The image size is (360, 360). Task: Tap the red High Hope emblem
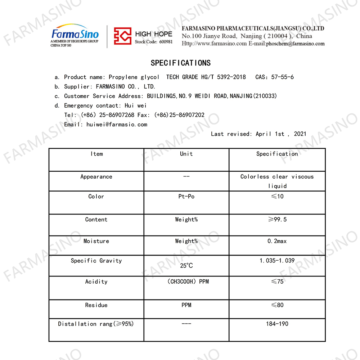click(x=122, y=36)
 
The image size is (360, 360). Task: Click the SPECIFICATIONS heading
click(x=180, y=63)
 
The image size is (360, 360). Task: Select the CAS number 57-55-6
click(x=282, y=77)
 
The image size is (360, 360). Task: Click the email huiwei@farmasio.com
click(x=117, y=125)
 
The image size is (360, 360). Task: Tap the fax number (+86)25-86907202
click(x=179, y=115)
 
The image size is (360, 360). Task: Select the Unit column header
click(x=186, y=154)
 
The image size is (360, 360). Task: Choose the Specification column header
click(x=277, y=154)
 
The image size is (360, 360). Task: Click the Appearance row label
click(x=96, y=177)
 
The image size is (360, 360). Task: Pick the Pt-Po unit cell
click(x=186, y=197)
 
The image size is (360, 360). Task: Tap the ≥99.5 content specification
click(x=277, y=220)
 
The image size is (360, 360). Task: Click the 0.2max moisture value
click(x=277, y=241)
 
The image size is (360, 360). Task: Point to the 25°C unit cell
click(x=186, y=266)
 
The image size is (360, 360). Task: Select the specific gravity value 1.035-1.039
click(x=277, y=261)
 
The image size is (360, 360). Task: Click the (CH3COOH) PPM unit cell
click(x=188, y=282)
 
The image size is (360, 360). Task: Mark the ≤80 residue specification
click(x=277, y=305)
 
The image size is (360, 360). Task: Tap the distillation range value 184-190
click(x=277, y=324)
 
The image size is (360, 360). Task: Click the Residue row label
click(x=96, y=305)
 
